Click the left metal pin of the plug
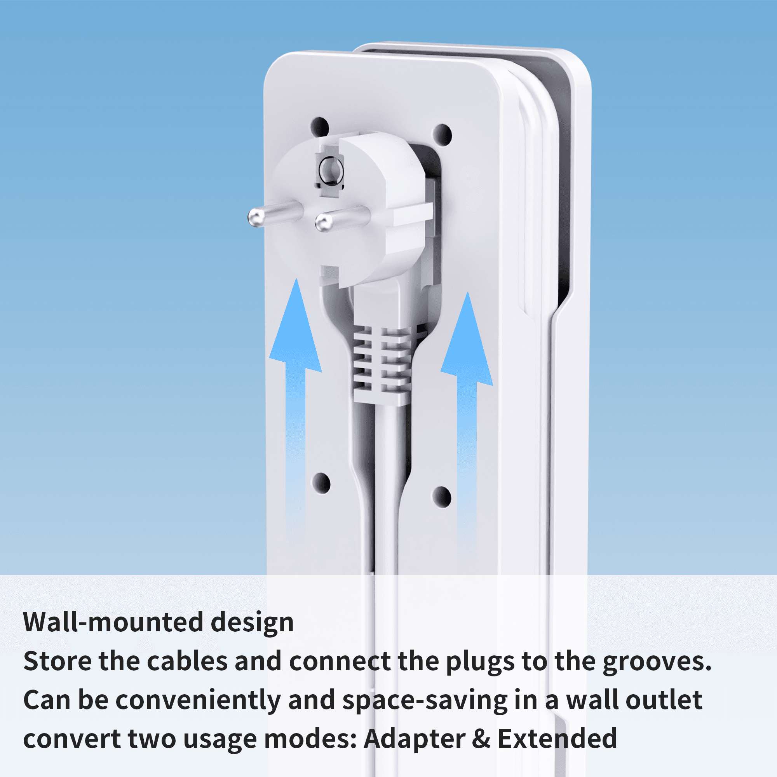[x=275, y=214]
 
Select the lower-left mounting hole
[x=321, y=483]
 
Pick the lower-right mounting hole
[x=442, y=497]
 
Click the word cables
[x=187, y=661]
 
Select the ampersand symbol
[x=481, y=739]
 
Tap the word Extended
[x=557, y=739]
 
